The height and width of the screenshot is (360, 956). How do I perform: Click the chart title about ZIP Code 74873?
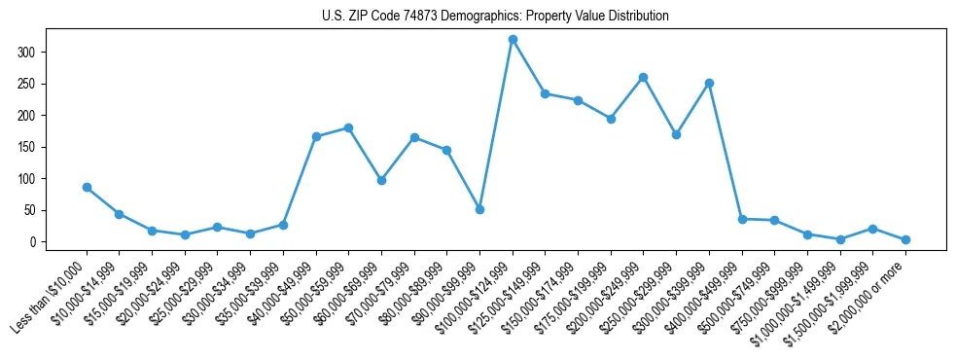click(x=495, y=17)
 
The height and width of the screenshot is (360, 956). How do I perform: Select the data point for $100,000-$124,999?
click(x=513, y=39)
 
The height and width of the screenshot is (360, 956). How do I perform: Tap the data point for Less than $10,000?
click(x=87, y=187)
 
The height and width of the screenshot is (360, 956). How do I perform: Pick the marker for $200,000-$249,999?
click(x=643, y=77)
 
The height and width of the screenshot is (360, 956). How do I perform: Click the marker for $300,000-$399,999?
click(x=709, y=83)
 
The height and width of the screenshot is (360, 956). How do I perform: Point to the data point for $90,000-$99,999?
click(x=479, y=209)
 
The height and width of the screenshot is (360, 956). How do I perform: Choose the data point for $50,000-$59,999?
click(x=348, y=127)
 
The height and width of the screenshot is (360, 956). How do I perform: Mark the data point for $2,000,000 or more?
click(x=905, y=239)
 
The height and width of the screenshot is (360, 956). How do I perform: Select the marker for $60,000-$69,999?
click(x=381, y=180)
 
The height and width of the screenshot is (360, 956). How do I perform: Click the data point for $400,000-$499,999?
click(x=742, y=219)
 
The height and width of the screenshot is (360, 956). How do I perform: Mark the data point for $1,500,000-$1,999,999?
click(x=872, y=229)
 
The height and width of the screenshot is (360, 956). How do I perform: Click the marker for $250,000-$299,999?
click(x=676, y=134)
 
